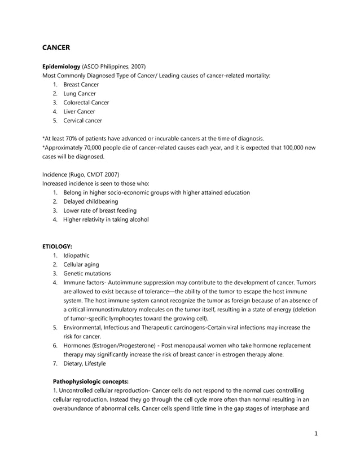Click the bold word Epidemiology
pyautogui.click(x=62, y=67)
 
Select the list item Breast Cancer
pyautogui.click(x=81, y=85)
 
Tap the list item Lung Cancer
pyautogui.click(x=79, y=94)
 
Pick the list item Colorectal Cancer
pyautogui.click(x=86, y=103)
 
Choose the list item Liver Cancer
pyautogui.click(x=79, y=112)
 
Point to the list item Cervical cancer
pyautogui.click(x=82, y=121)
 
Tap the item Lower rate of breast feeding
pyautogui.click(x=99, y=210)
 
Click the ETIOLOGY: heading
pyautogui.click(x=57, y=247)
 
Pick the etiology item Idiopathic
pyautogui.click(x=76, y=256)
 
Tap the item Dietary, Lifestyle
pyautogui.click(x=84, y=363)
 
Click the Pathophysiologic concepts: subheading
pyautogui.click(x=90, y=381)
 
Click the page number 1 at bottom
pyautogui.click(x=317, y=434)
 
